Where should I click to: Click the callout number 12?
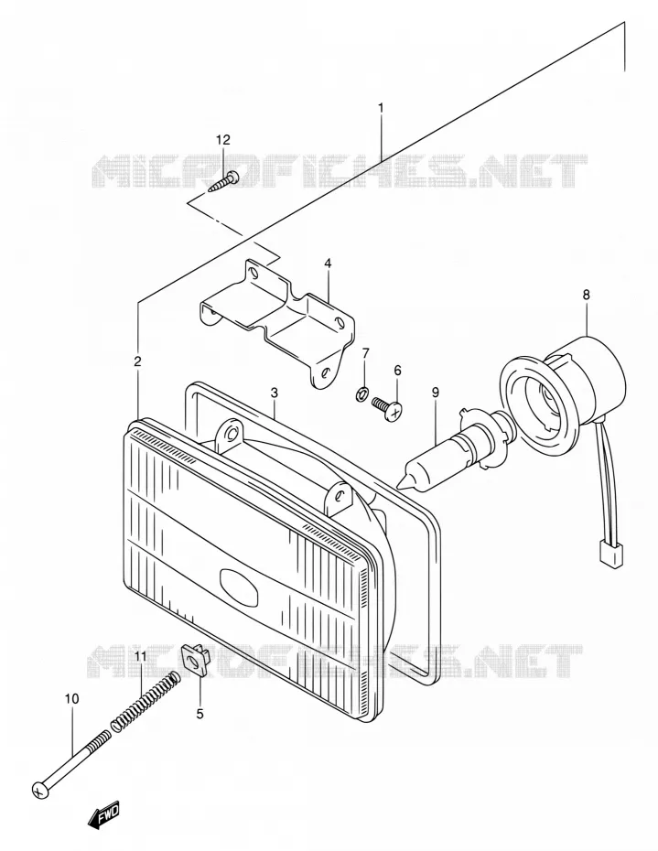[x=222, y=140]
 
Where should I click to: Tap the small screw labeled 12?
[x=223, y=181]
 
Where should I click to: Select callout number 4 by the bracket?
[x=328, y=264]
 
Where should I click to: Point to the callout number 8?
[x=586, y=296]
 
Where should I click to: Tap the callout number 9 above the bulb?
[x=436, y=393]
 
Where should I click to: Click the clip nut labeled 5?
[x=194, y=660]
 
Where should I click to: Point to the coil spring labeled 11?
[x=145, y=701]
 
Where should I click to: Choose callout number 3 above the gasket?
[x=275, y=393]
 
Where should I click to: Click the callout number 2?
[x=137, y=361]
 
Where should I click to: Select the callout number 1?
[x=381, y=107]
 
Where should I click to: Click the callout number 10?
[x=71, y=698]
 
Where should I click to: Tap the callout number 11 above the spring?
[x=141, y=657]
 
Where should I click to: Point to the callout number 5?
[x=200, y=714]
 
